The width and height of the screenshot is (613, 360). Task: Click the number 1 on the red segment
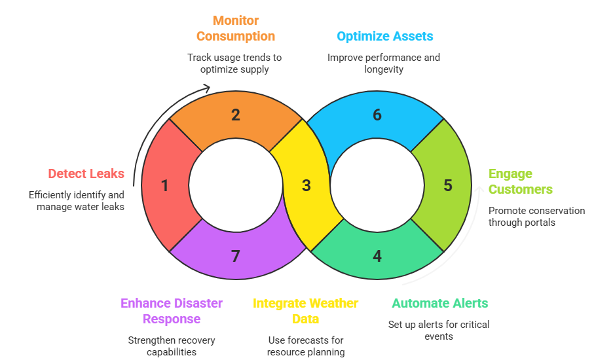point(165,186)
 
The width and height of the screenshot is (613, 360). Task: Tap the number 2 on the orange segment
point(235,116)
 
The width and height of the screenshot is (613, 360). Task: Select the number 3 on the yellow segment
point(306,186)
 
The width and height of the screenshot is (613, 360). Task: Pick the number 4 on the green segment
point(377,256)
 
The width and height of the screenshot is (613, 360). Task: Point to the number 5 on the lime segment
point(447,186)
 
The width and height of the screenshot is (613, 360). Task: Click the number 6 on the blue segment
point(377,116)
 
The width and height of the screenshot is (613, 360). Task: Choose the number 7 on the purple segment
point(235,256)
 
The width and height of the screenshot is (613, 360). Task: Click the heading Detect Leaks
point(86,173)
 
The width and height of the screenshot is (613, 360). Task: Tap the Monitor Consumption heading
point(235,29)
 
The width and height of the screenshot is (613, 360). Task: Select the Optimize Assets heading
point(384,36)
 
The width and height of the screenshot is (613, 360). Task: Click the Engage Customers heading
point(520,181)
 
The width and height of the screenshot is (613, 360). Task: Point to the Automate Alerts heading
point(439,303)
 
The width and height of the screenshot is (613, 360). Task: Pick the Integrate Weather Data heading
point(306,311)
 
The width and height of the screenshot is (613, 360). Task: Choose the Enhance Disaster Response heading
point(172,311)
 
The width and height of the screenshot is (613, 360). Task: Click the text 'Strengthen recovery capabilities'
point(172,346)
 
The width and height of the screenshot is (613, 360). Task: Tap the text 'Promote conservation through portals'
point(536,217)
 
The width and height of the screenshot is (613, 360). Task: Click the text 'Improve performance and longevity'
point(384,63)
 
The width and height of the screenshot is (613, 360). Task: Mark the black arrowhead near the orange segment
point(207,88)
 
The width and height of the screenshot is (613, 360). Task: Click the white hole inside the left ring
point(235,186)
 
